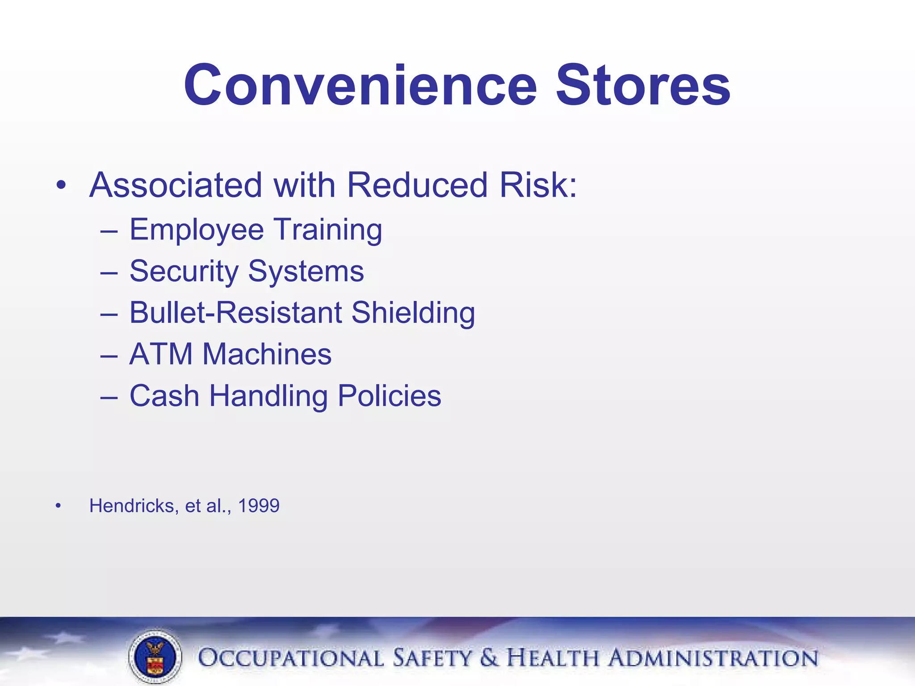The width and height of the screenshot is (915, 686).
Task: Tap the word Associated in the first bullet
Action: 176,185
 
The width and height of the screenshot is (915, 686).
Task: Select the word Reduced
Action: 417,185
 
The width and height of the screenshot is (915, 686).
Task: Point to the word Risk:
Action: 538,185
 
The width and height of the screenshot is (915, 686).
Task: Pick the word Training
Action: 328,230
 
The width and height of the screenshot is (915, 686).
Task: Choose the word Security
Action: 184,272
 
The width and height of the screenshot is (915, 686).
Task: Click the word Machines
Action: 267,354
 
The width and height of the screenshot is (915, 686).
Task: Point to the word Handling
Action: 268,396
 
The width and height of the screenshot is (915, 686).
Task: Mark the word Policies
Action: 389,396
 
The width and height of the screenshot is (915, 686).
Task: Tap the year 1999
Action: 259,506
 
